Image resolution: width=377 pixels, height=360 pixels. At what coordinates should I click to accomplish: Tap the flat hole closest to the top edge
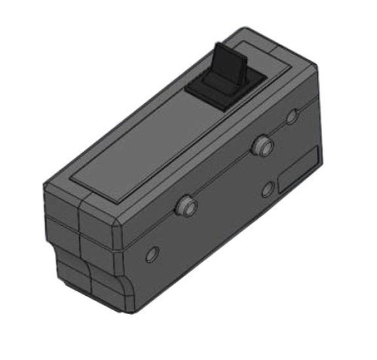tap(292, 117)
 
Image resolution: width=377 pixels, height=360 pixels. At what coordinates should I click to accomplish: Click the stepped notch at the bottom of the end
tap(54, 252)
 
